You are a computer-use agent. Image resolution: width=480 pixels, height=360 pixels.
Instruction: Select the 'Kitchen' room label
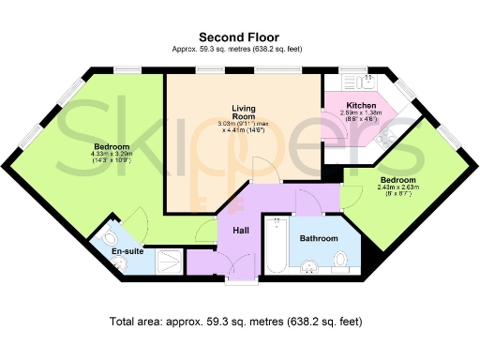pos(361,105)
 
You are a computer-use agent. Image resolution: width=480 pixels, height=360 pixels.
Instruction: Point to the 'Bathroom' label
pos(318,239)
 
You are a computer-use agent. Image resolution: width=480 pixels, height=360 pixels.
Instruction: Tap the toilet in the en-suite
pos(112,234)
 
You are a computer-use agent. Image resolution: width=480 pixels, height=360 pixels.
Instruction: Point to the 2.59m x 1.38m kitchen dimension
pos(360,116)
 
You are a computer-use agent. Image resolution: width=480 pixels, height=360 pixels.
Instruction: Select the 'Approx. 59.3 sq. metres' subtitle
pos(239,49)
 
